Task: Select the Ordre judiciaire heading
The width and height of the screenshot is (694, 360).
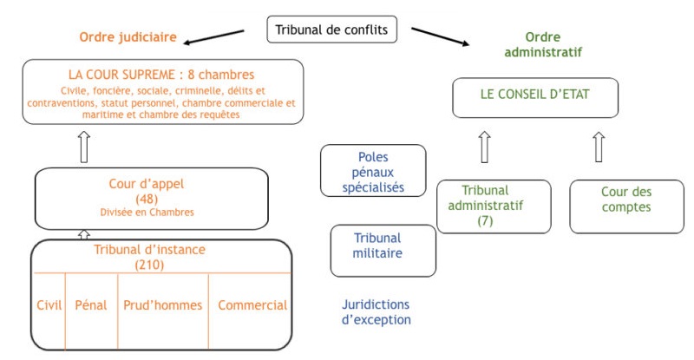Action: (128, 37)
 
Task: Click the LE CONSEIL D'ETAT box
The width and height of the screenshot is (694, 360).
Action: (536, 96)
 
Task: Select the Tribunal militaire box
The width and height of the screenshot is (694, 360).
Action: (383, 245)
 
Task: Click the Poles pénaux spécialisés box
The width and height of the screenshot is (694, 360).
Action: (373, 171)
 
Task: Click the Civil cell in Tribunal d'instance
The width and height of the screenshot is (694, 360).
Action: (49, 305)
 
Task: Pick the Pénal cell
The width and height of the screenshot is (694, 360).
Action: (91, 305)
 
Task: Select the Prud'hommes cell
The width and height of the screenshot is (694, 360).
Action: (162, 305)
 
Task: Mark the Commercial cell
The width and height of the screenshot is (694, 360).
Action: (252, 305)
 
